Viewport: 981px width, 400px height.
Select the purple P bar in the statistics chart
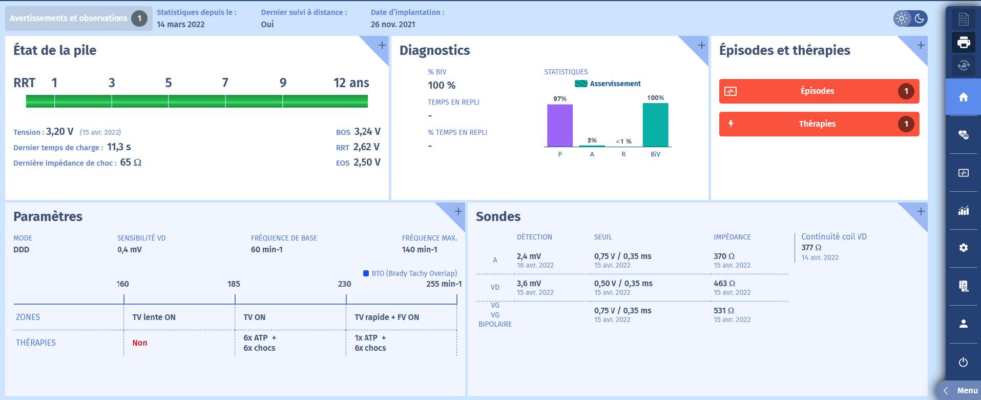tap(559, 126)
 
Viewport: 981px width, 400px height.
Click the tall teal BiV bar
tap(655, 125)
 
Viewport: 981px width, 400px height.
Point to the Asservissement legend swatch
tap(581, 84)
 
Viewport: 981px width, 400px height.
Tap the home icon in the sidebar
tap(963, 97)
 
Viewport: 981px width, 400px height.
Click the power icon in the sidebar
tap(963, 362)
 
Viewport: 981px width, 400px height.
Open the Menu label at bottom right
tap(967, 391)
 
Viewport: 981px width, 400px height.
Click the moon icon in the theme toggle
tap(920, 18)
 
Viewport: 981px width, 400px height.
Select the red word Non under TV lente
tap(140, 343)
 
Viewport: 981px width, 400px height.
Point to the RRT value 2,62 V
tap(366, 147)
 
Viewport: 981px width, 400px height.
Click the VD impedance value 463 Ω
tap(724, 284)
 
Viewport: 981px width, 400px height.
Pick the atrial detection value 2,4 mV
tap(529, 256)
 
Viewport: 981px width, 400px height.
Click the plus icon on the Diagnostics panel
tap(701, 45)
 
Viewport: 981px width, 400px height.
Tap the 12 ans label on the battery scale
tap(351, 83)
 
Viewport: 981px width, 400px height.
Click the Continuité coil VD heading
tap(834, 237)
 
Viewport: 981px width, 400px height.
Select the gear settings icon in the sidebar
tap(963, 248)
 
